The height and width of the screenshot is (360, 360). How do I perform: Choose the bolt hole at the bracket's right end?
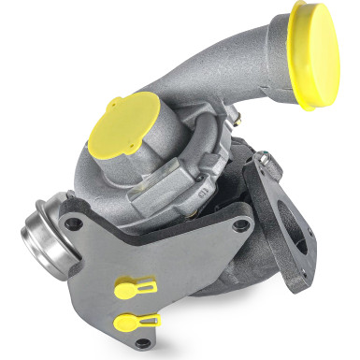241,224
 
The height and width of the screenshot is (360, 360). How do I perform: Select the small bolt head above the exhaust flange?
266,164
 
